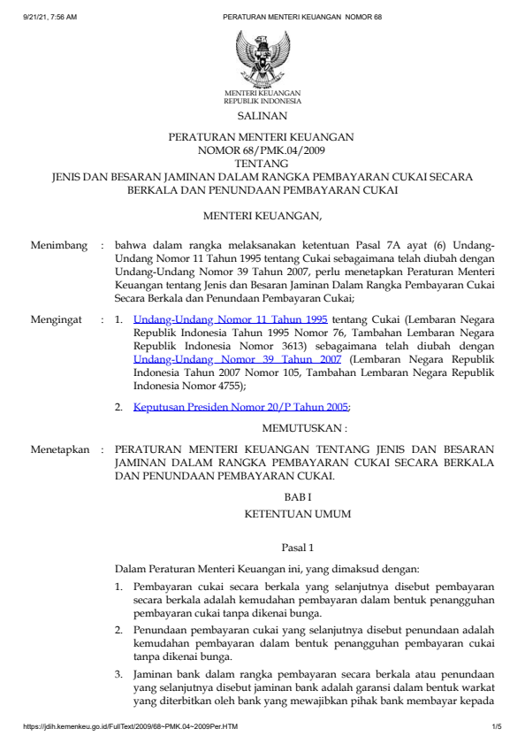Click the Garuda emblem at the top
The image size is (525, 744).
pos(262,57)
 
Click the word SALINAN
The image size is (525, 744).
pos(262,116)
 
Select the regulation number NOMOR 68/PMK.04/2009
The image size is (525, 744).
pos(262,150)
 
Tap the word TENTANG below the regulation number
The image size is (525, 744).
pos(262,164)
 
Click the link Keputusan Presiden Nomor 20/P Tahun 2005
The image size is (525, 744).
pos(241,407)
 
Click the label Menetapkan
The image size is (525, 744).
pos(59,449)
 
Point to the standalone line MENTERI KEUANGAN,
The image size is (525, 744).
pos(262,215)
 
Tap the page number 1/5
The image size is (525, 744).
pos(497,728)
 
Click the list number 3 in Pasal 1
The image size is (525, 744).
pos(119,674)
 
